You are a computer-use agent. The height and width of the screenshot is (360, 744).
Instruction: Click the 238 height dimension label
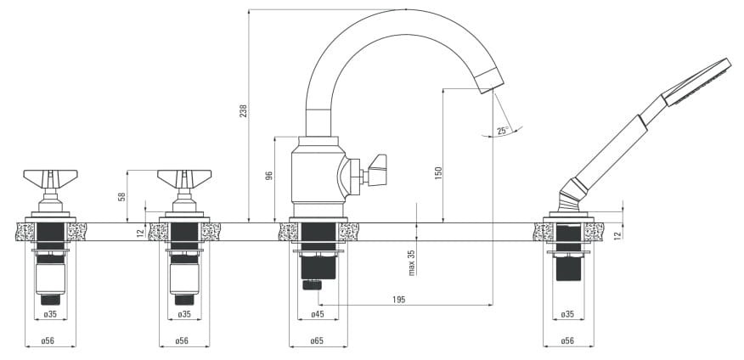[x=243, y=111]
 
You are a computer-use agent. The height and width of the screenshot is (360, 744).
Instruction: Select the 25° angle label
[x=503, y=131]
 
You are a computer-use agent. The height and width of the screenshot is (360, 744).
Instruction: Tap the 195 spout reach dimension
[x=399, y=300]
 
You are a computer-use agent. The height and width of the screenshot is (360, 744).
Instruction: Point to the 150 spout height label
[x=438, y=172]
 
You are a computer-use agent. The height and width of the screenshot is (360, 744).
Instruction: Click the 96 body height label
[x=269, y=176]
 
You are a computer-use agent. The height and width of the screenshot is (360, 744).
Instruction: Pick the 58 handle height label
[x=122, y=196]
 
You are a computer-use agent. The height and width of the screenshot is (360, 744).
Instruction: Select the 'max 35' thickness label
[x=411, y=262]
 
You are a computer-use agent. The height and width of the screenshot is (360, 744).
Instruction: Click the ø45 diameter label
[x=318, y=314]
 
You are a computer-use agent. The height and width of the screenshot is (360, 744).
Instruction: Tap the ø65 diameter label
[x=318, y=340]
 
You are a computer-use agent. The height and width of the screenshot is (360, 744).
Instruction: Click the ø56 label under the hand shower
[x=567, y=340]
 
